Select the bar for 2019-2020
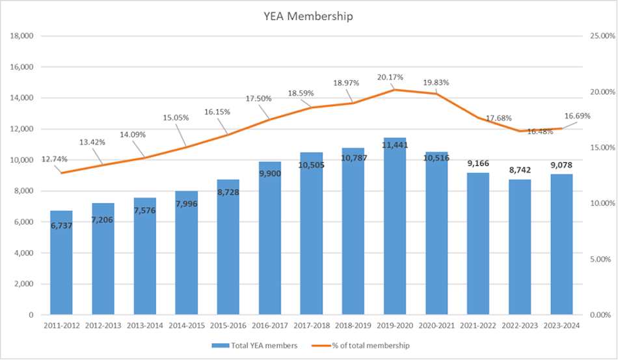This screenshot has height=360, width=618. coord(395,241)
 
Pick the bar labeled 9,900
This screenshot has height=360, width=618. coord(270,247)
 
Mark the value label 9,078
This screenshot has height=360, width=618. coord(561,164)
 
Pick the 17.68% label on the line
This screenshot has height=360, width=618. coord(498,118)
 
